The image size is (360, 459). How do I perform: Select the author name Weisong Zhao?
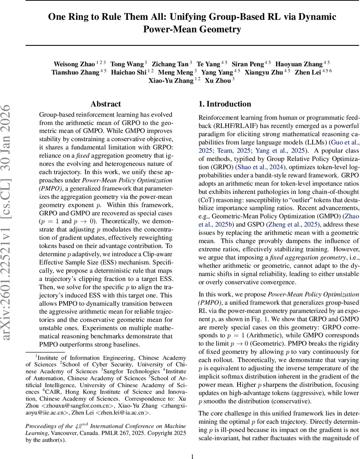pyautogui.click(x=74, y=64)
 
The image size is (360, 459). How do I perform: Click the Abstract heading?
pyautogui.click(x=105, y=104)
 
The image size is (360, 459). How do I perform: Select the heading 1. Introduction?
pyautogui.click(x=225, y=104)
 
